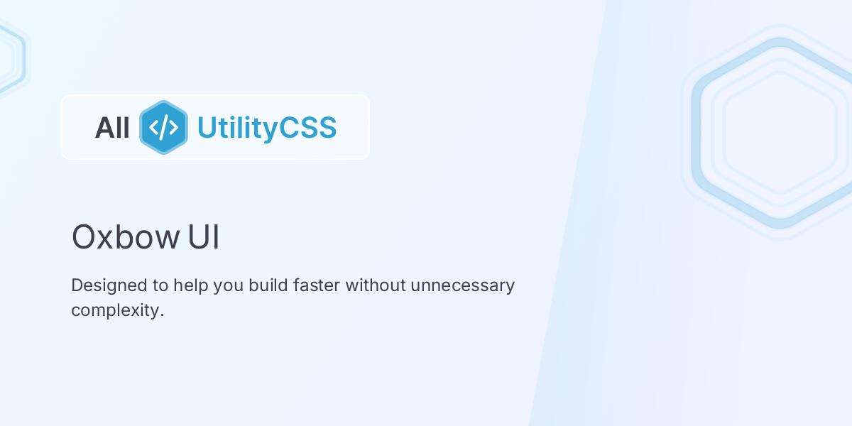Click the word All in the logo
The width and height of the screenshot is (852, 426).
[112, 128]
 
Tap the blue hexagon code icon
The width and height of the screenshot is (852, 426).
[163, 127]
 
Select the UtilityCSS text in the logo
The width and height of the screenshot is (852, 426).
[266, 128]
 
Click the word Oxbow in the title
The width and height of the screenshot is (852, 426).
[125, 237]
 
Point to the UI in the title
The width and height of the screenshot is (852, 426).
[204, 237]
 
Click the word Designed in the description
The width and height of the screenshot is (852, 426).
[109, 285]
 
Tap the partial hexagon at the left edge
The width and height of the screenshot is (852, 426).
[10, 57]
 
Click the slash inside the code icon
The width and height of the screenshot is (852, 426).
[163, 127]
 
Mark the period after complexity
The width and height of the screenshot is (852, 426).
[162, 316]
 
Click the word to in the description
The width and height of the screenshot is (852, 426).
[160, 285]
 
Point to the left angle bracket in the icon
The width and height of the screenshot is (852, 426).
[154, 127]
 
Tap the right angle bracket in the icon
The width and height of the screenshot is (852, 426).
[173, 127]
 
